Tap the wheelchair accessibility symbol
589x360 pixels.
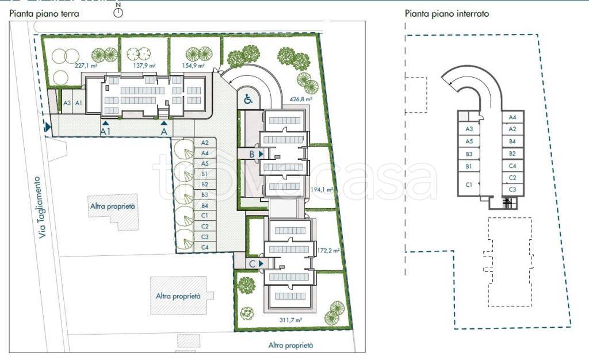[248, 99]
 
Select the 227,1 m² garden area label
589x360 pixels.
[86, 66]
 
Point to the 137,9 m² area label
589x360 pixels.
[144, 66]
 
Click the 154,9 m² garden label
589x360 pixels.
[193, 66]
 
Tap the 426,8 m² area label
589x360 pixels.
[301, 99]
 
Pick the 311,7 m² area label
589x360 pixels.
[290, 320]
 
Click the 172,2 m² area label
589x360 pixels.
[328, 250]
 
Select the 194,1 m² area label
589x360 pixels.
[322, 190]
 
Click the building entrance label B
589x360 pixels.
[252, 154]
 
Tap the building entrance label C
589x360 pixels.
[253, 264]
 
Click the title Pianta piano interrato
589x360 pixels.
[446, 14]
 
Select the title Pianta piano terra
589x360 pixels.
[44, 14]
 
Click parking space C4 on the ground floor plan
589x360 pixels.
[205, 247]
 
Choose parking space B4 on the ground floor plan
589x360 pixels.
[205, 206]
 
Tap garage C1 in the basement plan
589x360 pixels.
[469, 185]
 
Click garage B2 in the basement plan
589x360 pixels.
[512, 154]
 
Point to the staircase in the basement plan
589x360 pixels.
[507, 203]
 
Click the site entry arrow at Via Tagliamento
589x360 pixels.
[47, 127]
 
